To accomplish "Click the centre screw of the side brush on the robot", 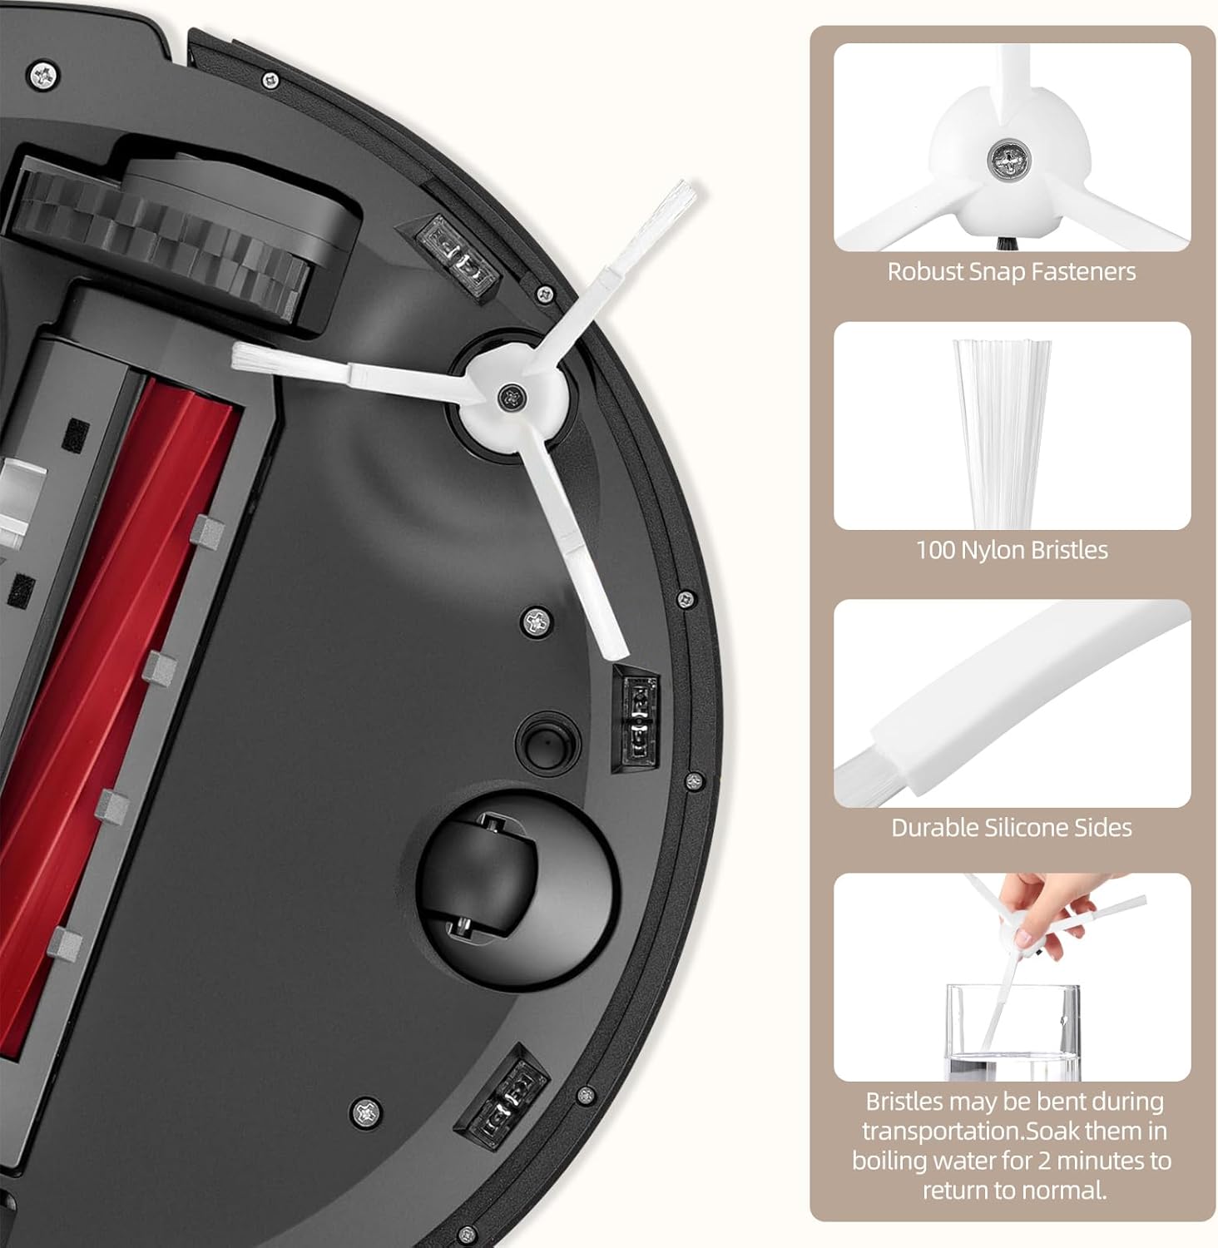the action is coord(507,396).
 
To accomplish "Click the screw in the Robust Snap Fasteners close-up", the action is coord(1008,157).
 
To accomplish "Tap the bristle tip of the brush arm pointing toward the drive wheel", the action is coord(250,359).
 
